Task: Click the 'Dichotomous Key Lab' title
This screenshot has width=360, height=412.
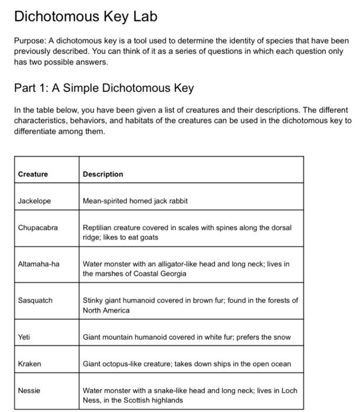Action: tap(85, 16)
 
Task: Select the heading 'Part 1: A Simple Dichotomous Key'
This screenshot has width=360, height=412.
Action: tap(104, 88)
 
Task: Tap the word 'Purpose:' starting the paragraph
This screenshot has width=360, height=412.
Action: tap(29, 41)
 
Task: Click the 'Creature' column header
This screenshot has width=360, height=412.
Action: tap(33, 174)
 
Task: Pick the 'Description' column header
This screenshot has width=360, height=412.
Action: tap(103, 174)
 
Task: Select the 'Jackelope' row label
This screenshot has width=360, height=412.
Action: tap(35, 201)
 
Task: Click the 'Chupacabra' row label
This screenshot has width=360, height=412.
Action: tap(38, 227)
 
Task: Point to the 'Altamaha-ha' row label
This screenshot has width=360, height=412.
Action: tap(39, 264)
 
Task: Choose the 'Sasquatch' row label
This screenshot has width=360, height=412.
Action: tap(35, 300)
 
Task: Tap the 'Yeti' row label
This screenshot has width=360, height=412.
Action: tap(25, 337)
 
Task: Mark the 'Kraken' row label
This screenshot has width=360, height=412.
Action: tap(29, 364)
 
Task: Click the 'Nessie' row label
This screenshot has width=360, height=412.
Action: tap(29, 390)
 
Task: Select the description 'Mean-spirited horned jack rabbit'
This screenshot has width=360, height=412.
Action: tap(135, 201)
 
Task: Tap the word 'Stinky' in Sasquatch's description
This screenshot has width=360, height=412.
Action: tap(93, 300)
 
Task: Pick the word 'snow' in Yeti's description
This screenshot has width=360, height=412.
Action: tap(280, 337)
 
